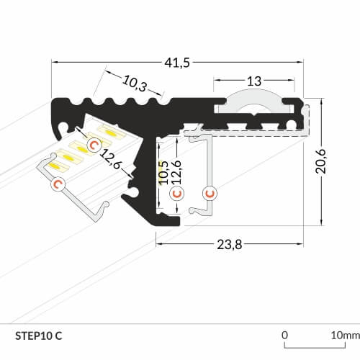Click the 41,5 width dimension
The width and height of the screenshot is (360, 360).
[x=177, y=63]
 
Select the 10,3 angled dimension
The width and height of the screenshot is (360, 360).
[x=135, y=84]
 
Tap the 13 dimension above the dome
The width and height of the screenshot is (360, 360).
[x=254, y=81]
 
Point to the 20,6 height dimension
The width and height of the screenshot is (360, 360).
[x=321, y=161]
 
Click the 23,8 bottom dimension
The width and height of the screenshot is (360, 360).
[x=230, y=245]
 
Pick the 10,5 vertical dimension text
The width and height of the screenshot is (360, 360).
[x=164, y=173]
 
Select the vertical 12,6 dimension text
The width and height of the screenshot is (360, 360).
[x=176, y=172]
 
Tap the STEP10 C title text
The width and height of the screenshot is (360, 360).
[x=39, y=336]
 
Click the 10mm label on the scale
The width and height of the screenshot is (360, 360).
[x=346, y=336]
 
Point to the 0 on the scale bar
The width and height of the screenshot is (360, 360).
[x=284, y=335]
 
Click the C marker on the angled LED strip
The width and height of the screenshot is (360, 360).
[x=94, y=145]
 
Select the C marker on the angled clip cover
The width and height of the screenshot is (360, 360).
[x=58, y=184]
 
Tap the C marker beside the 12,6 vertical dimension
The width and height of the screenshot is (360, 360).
[x=177, y=193]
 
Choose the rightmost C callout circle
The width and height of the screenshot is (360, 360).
[x=210, y=193]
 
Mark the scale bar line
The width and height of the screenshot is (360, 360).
[x=315, y=348]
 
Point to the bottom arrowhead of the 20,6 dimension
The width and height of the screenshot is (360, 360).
[x=322, y=222]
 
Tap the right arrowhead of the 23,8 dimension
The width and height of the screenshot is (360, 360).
[x=300, y=244]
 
